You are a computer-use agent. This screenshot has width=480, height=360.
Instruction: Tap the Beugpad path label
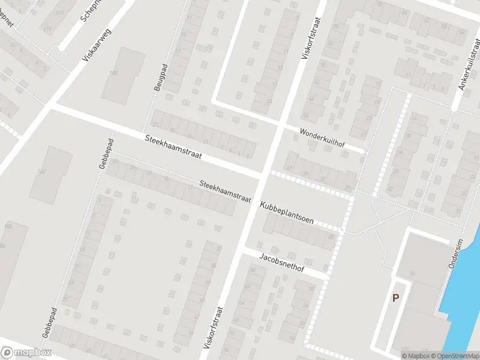159,77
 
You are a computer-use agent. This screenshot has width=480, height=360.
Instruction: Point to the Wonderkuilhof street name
323,137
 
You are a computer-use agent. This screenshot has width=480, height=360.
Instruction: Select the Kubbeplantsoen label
287,213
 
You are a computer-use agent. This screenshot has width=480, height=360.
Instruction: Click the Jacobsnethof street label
282,263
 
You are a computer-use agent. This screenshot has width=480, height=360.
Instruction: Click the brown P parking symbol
395,298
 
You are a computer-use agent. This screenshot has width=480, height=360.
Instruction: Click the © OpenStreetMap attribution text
454,356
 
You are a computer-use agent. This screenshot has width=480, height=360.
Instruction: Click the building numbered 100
112,73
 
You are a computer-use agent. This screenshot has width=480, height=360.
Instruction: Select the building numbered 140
41,172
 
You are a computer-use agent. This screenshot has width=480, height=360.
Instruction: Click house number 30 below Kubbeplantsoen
331,236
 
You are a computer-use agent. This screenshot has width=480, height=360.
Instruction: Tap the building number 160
8,226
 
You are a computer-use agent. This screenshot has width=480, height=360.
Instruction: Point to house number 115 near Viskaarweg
59,12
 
